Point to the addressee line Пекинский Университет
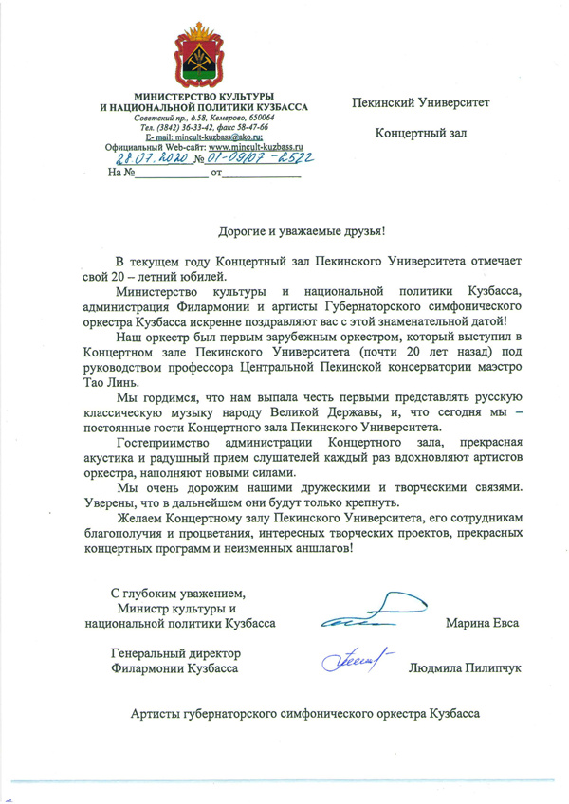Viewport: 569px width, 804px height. (421, 101)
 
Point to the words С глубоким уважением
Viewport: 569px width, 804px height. (179, 594)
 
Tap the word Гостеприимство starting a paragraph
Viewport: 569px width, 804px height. (158, 443)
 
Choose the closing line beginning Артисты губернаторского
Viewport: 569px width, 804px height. (305, 713)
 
